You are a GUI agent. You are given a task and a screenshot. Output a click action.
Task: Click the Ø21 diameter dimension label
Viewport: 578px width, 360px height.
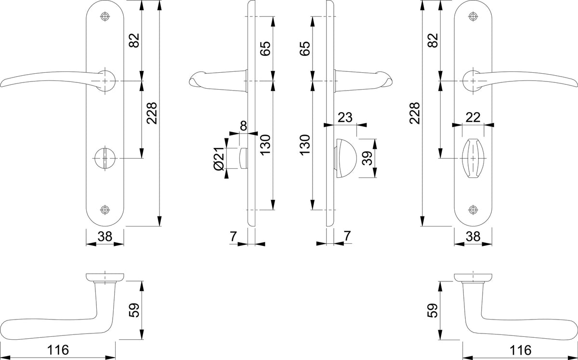click(219, 159)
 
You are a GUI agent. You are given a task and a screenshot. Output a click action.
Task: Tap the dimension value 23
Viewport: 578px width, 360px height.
click(345, 118)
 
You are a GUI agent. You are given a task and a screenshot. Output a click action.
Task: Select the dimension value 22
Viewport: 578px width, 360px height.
click(473, 118)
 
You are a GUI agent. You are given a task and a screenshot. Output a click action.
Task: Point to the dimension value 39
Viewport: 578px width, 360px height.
click(367, 158)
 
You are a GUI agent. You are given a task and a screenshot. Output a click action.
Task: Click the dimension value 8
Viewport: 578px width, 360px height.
click(243, 126)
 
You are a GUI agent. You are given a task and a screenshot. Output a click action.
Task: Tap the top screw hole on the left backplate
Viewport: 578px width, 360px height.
click(105, 16)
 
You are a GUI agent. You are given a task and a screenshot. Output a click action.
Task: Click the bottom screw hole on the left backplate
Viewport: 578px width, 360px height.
click(105, 210)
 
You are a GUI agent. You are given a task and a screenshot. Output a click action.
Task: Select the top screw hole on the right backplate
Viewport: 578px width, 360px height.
click(473, 16)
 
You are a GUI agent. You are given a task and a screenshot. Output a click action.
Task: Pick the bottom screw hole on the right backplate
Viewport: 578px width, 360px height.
click(473, 210)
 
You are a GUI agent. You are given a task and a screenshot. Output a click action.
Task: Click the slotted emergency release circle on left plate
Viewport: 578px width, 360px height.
click(105, 158)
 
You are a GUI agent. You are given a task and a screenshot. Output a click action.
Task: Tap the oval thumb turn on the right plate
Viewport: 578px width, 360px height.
click(473, 158)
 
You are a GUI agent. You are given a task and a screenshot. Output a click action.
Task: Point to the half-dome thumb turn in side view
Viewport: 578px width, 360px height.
click(346, 158)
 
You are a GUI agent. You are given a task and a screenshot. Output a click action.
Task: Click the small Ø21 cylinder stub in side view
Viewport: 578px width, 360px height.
click(244, 158)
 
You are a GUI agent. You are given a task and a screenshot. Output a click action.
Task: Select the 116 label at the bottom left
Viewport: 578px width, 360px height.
click(58, 350)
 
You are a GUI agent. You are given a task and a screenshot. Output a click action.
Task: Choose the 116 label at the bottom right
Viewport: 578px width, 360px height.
click(521, 350)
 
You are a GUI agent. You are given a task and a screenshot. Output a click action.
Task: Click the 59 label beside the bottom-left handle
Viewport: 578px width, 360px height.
click(134, 310)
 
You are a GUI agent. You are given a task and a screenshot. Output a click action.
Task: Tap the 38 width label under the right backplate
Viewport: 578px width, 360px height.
click(473, 236)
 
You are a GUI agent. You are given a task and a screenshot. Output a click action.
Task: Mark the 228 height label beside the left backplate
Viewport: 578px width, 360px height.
click(151, 113)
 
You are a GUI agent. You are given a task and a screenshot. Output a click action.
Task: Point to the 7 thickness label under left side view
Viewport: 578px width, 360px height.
click(233, 236)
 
